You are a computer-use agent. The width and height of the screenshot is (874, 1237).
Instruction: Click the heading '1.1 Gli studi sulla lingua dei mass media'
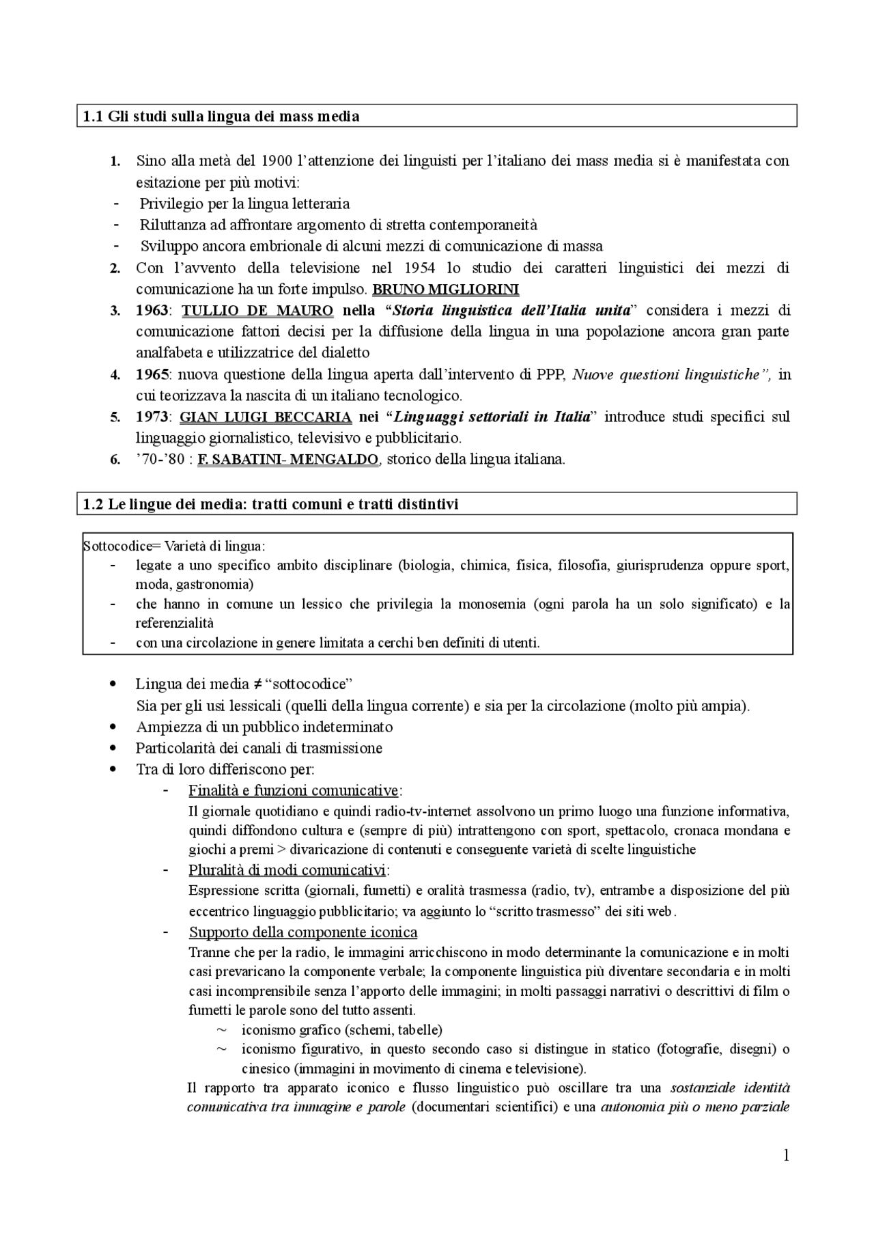[221, 117]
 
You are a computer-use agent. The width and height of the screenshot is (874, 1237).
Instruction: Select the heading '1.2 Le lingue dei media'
[270, 504]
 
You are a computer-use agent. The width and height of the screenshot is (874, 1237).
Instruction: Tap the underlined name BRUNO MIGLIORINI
[445, 290]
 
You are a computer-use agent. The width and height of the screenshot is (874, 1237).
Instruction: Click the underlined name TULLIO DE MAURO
[257, 311]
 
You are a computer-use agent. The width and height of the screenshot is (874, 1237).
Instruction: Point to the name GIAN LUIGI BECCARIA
[266, 417]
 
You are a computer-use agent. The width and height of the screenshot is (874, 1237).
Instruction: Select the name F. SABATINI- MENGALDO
[287, 460]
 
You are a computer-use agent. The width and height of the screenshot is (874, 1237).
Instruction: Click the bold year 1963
[152, 311]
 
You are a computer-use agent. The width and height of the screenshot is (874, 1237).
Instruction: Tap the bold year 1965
[152, 374]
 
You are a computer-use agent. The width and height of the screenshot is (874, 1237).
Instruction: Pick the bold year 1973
[152, 417]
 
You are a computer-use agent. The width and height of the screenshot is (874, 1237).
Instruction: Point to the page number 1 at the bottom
[786, 1156]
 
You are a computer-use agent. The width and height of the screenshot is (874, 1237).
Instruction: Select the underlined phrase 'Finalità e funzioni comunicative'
[294, 791]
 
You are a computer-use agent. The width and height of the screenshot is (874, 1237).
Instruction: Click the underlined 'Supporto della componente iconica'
[303, 932]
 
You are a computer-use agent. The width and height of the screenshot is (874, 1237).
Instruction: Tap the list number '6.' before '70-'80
[115, 460]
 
